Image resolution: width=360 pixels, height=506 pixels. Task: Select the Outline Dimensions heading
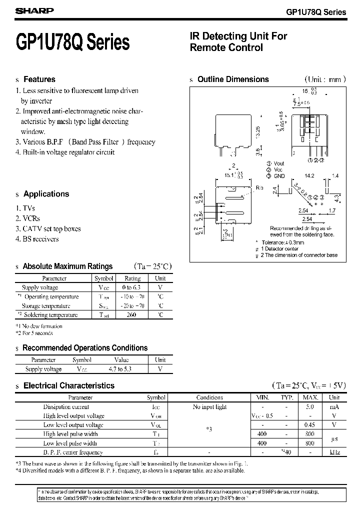tap(233, 79)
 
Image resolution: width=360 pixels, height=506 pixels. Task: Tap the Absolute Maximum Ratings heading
tap(67, 266)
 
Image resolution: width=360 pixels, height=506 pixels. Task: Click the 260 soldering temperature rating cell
tap(132, 315)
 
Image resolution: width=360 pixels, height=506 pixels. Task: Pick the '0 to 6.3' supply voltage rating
tap(132, 287)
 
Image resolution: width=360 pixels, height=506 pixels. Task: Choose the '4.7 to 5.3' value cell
tap(121, 369)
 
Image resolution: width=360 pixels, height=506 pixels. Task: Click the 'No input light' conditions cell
tap(209, 407)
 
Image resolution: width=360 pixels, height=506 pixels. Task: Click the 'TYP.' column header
tap(286, 397)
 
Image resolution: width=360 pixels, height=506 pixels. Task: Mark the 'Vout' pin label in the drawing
tap(279, 163)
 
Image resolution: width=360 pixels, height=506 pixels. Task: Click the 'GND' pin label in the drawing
tap(279, 176)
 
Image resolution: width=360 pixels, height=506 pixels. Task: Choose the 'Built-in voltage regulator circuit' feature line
tap(67, 152)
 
